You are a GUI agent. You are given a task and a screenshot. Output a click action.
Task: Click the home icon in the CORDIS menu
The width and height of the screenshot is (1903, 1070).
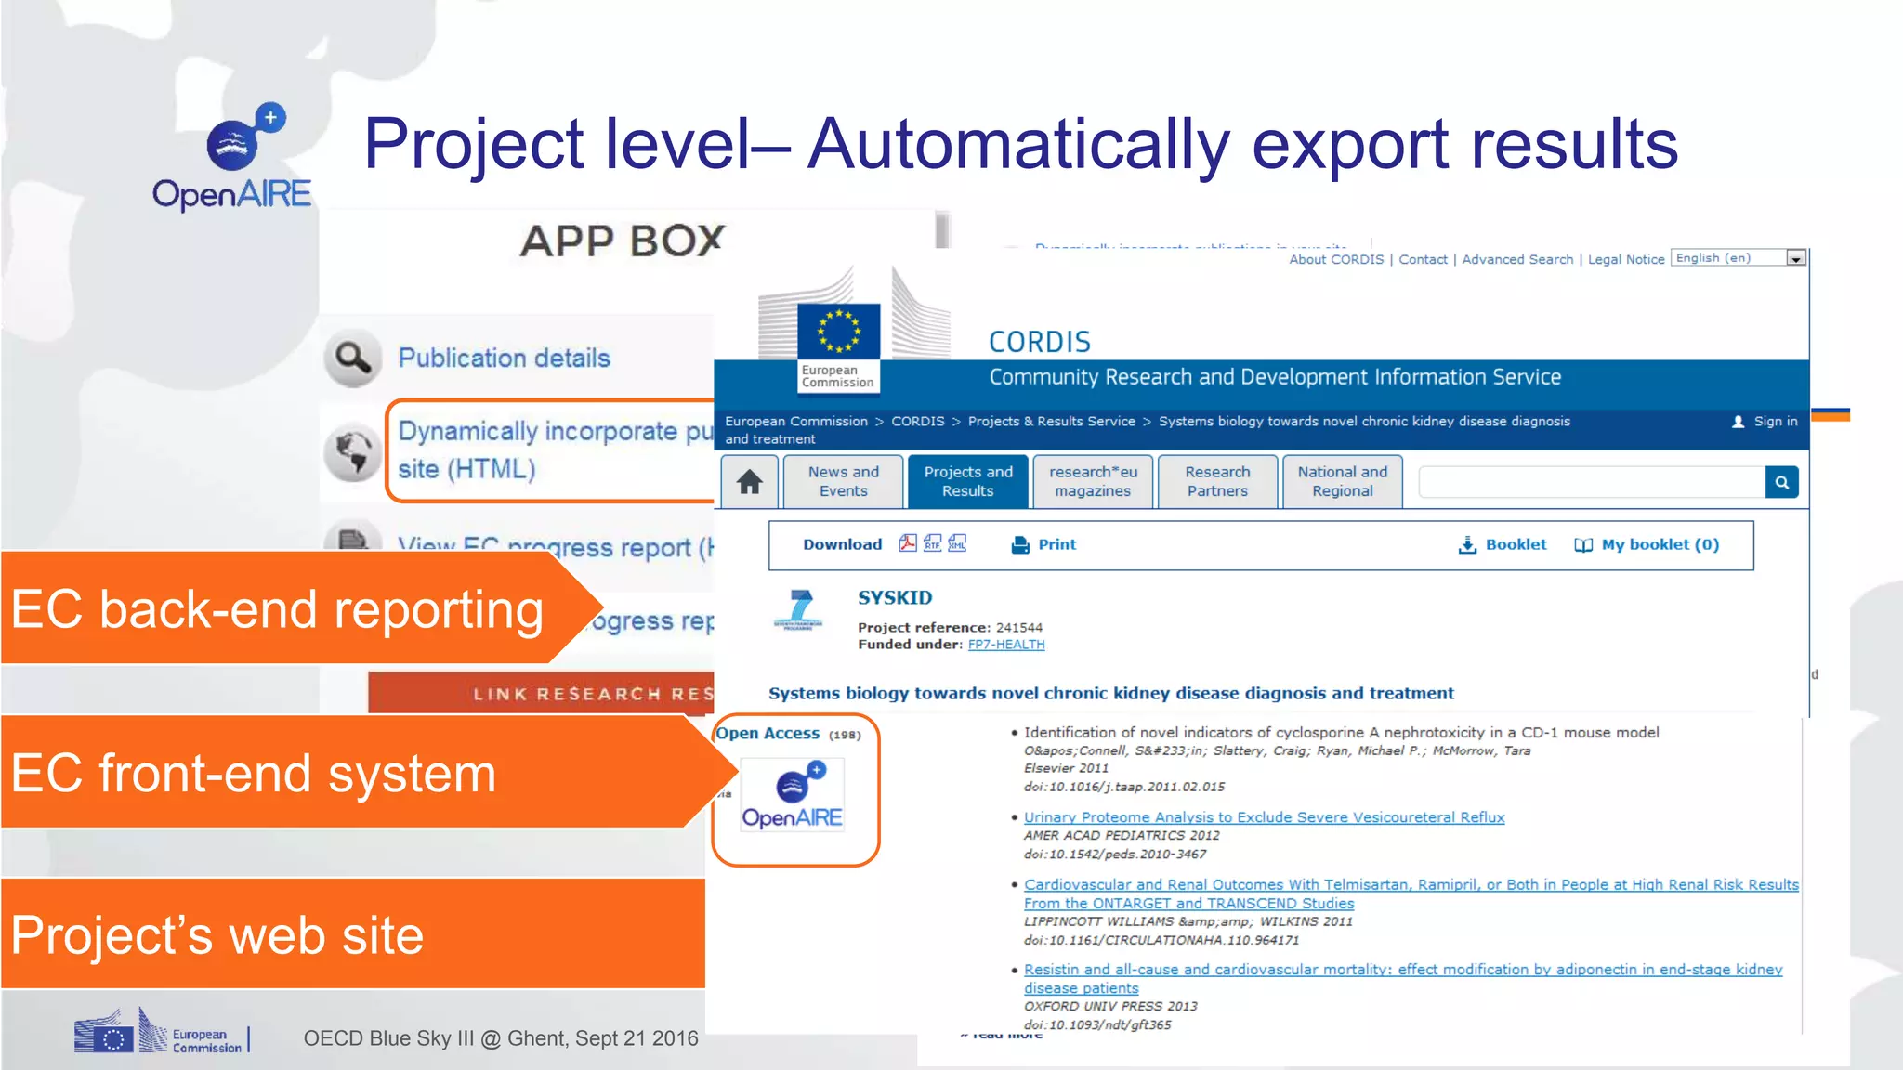(750, 482)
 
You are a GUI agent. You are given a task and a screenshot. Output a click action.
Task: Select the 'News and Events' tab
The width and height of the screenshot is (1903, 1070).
(843, 481)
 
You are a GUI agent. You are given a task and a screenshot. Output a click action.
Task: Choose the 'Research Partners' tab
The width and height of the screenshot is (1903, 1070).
(1217, 481)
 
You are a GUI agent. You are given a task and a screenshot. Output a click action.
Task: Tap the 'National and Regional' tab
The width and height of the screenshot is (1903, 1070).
(1342, 481)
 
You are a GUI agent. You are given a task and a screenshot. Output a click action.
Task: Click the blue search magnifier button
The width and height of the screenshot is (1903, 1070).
(1781, 482)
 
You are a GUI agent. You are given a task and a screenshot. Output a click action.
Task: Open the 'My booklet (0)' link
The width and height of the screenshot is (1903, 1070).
(1647, 544)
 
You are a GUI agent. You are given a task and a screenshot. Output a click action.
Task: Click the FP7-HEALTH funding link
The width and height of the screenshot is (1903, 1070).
(1006, 645)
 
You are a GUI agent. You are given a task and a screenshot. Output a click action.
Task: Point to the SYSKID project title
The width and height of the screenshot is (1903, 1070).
(895, 597)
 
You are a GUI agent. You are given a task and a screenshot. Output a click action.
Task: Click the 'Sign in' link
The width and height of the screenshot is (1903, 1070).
(1774, 422)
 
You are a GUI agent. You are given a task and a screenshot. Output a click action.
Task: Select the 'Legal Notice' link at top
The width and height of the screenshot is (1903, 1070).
(1625, 260)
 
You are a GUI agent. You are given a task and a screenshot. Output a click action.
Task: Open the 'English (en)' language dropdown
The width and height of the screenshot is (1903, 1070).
(1795, 258)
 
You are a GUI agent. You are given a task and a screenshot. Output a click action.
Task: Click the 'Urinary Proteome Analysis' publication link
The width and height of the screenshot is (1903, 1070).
(1264, 817)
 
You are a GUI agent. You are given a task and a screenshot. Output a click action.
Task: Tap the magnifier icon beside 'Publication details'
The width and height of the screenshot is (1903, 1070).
(353, 358)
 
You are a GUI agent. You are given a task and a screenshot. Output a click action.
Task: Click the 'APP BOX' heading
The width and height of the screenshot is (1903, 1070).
(622, 241)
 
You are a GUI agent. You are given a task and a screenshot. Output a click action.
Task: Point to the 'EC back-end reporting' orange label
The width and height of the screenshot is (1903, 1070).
(277, 610)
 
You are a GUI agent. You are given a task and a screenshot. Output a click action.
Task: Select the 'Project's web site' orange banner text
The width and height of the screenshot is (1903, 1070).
(217, 934)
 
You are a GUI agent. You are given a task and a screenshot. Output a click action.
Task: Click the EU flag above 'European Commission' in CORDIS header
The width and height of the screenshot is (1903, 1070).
(838, 330)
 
